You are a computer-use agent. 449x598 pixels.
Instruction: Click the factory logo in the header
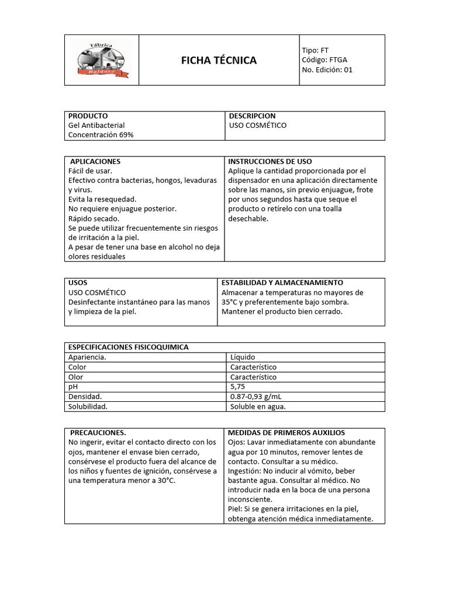[x=101, y=60]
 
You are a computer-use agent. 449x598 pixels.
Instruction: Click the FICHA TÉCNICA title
[x=219, y=61]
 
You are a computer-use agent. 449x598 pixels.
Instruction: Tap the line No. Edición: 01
[x=327, y=70]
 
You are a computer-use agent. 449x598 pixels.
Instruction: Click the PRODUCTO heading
[x=88, y=116]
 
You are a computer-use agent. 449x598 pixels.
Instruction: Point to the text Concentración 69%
[x=101, y=135]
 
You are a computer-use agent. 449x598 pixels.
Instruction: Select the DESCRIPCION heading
[x=252, y=116]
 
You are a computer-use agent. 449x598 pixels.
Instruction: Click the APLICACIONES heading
[x=95, y=161]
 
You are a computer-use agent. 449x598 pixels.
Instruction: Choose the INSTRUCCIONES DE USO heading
[x=270, y=161]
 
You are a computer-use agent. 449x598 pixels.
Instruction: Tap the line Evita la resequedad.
[x=102, y=199]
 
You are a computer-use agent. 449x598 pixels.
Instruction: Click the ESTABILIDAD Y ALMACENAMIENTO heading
[x=282, y=283]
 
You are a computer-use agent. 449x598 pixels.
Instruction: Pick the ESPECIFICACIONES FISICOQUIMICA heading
[x=129, y=347]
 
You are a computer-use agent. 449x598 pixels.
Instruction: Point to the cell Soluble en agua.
[x=258, y=406]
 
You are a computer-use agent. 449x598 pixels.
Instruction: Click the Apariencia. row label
[x=88, y=357]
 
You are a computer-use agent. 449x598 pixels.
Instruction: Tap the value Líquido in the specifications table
[x=243, y=357]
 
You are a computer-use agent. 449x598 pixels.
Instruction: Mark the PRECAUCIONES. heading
[x=98, y=433]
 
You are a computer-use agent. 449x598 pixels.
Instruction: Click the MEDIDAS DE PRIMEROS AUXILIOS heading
[x=286, y=433]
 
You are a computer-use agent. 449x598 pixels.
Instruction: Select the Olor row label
[x=76, y=377]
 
